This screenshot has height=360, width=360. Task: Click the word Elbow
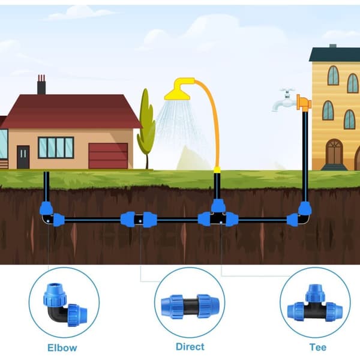tap(62, 347)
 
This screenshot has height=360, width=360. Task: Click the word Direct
tap(190, 347)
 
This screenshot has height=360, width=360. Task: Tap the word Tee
tap(318, 347)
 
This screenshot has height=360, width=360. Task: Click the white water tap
tap(284, 100)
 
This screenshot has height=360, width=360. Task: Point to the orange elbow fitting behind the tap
tap(304, 103)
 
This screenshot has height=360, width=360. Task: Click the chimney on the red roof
tap(41, 85)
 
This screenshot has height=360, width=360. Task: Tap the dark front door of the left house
tap(23, 157)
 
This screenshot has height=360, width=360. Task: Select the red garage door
tap(108, 156)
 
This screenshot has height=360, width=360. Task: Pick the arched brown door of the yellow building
tap(334, 152)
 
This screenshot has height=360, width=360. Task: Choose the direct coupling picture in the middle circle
tap(190, 306)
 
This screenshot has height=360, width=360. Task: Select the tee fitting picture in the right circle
tap(315, 303)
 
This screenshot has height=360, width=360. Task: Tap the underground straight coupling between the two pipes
tap(139, 220)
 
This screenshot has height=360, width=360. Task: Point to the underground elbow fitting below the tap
tap(299, 214)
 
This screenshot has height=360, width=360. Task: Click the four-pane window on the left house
tap(56, 148)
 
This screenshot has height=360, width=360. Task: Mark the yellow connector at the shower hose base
tap(217, 170)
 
